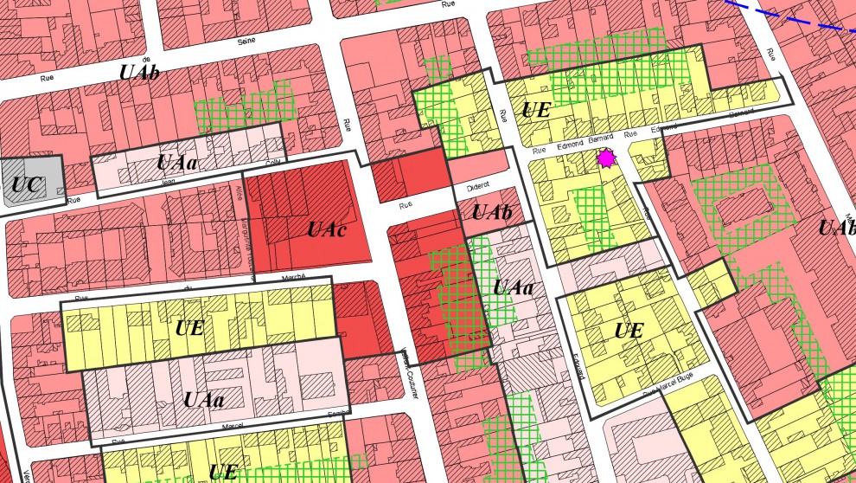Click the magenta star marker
click(606, 159)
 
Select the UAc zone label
click(327, 230)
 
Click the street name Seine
click(247, 41)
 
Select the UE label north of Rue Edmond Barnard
click(536, 111)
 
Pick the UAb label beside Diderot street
click(489, 212)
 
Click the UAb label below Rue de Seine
click(139, 73)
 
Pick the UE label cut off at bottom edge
click(223, 473)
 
